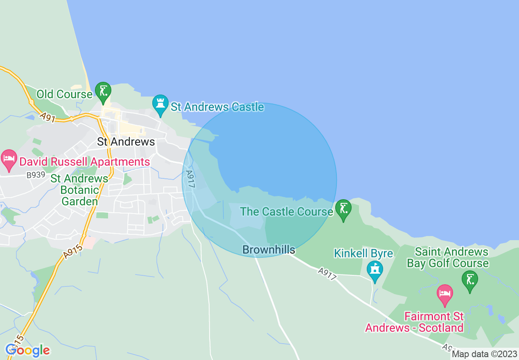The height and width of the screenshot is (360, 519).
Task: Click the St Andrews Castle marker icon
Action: click(x=160, y=104)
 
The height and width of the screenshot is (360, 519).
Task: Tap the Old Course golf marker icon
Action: click(x=103, y=91)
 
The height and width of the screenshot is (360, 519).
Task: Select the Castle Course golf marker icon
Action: click(x=343, y=209)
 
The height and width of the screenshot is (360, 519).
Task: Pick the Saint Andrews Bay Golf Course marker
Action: click(x=469, y=280)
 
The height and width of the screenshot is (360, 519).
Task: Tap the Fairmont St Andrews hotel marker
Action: click(x=445, y=294)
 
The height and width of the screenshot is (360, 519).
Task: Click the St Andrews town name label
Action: click(x=126, y=142)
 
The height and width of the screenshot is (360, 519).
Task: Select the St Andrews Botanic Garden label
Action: click(x=79, y=190)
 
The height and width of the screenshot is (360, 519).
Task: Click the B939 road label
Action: click(x=35, y=175)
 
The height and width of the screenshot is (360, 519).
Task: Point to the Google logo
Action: click(x=28, y=350)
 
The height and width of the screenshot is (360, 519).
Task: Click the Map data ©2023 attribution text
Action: click(x=484, y=354)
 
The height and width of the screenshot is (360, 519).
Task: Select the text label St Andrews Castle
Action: click(x=217, y=107)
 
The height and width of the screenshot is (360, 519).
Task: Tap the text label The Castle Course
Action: click(x=287, y=211)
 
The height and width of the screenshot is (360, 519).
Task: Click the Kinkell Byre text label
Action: click(x=363, y=253)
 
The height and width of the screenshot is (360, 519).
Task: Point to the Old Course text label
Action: click(x=64, y=94)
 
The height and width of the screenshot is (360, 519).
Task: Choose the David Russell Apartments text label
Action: click(x=85, y=162)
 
